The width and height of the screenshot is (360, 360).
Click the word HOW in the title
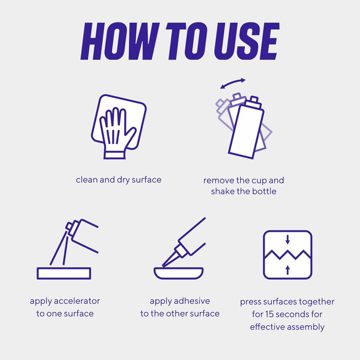coord(120,41)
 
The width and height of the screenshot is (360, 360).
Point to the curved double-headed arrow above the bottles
coord(233,83)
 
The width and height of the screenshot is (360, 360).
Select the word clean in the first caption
coord(87,179)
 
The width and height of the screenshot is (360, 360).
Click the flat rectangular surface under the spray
coord(64,273)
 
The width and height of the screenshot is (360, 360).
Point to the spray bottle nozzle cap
coord(69,226)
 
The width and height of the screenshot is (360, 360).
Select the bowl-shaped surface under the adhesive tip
coord(178,273)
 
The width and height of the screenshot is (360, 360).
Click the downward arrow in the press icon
coord(287,239)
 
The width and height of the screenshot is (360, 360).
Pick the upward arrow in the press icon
coord(287,270)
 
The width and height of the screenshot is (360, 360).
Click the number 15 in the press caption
coord(269,314)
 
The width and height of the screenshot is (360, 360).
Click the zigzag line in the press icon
coord(287,255)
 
